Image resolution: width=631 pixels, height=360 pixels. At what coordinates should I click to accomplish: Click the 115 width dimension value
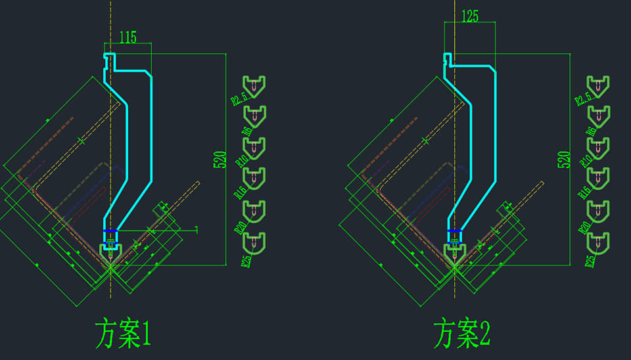tap(128, 38)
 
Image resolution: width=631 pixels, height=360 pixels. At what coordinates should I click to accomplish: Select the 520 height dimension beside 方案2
tap(563, 160)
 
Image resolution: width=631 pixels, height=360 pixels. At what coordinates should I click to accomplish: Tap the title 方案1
tap(123, 334)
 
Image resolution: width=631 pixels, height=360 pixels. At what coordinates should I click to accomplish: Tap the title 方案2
tap(462, 334)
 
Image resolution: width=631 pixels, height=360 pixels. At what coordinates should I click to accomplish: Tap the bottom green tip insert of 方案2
tap(597, 242)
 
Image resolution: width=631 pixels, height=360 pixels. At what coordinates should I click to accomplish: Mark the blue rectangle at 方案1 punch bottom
tap(110, 235)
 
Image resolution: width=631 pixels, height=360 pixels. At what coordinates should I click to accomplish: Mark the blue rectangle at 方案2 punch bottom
tap(454, 235)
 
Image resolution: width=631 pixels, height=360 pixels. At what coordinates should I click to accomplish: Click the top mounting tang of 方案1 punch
tap(110, 60)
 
